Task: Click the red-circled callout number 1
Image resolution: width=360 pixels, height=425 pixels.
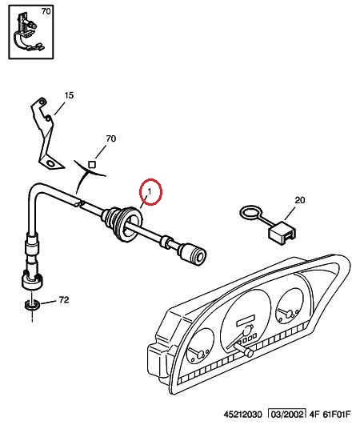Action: pos(150,191)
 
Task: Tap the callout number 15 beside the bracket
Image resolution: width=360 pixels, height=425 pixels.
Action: pos(69,95)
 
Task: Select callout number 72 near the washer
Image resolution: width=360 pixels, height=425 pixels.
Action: pos(64,300)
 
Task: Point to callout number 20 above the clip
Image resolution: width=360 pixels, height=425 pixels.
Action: pos(300,200)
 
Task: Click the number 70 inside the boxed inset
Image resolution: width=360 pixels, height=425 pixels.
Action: pos(46,11)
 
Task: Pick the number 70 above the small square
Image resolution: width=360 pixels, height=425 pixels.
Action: pos(110,138)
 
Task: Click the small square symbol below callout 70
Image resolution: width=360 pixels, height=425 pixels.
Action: pos(92,165)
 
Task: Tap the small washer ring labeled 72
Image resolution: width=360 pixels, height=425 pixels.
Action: pos(32,305)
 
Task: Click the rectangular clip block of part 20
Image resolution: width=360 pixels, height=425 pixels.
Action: pos(282,233)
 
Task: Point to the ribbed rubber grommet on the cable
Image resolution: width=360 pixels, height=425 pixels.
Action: pos(122,223)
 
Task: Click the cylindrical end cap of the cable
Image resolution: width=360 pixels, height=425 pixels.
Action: pos(192,254)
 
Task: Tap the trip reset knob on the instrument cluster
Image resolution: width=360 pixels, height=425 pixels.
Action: pos(244,350)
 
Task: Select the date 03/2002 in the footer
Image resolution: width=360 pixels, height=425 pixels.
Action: pos(287,414)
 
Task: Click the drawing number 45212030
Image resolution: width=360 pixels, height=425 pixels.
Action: pos(243,415)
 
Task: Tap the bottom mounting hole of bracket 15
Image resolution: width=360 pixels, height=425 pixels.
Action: pos(50,163)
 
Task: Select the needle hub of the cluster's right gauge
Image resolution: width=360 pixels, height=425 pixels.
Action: pos(290,314)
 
